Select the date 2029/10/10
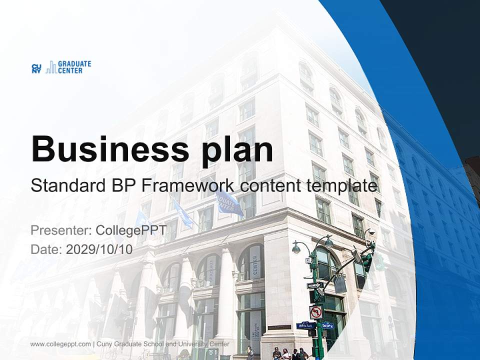[x=99, y=249]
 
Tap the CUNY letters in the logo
[x=36, y=68]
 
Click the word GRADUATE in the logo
[x=74, y=64]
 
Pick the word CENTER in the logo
[x=70, y=71]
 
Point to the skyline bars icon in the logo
[x=50, y=67]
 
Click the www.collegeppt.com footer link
[x=60, y=344]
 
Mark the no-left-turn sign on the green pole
[x=316, y=312]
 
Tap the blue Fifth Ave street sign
[x=304, y=325]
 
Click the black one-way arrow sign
[x=315, y=285]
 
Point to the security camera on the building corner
[x=370, y=232]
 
